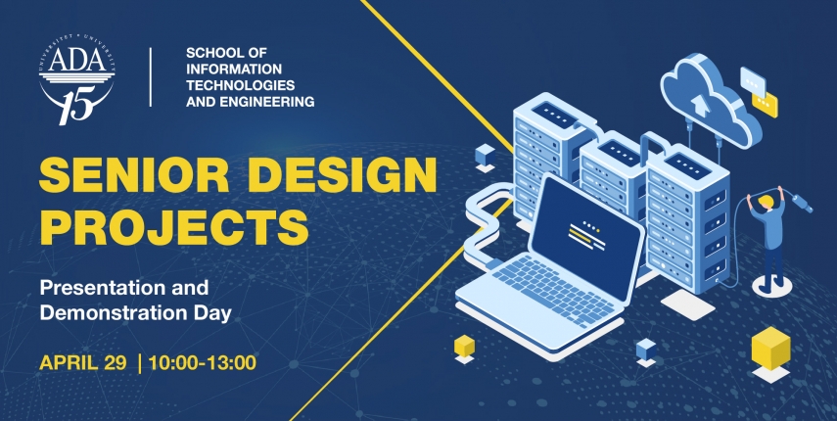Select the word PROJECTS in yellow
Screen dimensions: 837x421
174,227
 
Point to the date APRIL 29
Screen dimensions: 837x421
83,363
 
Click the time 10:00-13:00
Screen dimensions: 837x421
203,363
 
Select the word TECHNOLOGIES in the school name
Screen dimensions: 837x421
240,85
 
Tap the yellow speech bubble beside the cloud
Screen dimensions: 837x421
765,105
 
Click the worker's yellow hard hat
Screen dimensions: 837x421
766,202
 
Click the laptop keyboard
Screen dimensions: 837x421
553,288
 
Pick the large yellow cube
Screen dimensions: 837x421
770,348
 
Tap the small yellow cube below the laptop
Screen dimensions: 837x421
464,347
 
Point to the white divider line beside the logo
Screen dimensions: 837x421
151,76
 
